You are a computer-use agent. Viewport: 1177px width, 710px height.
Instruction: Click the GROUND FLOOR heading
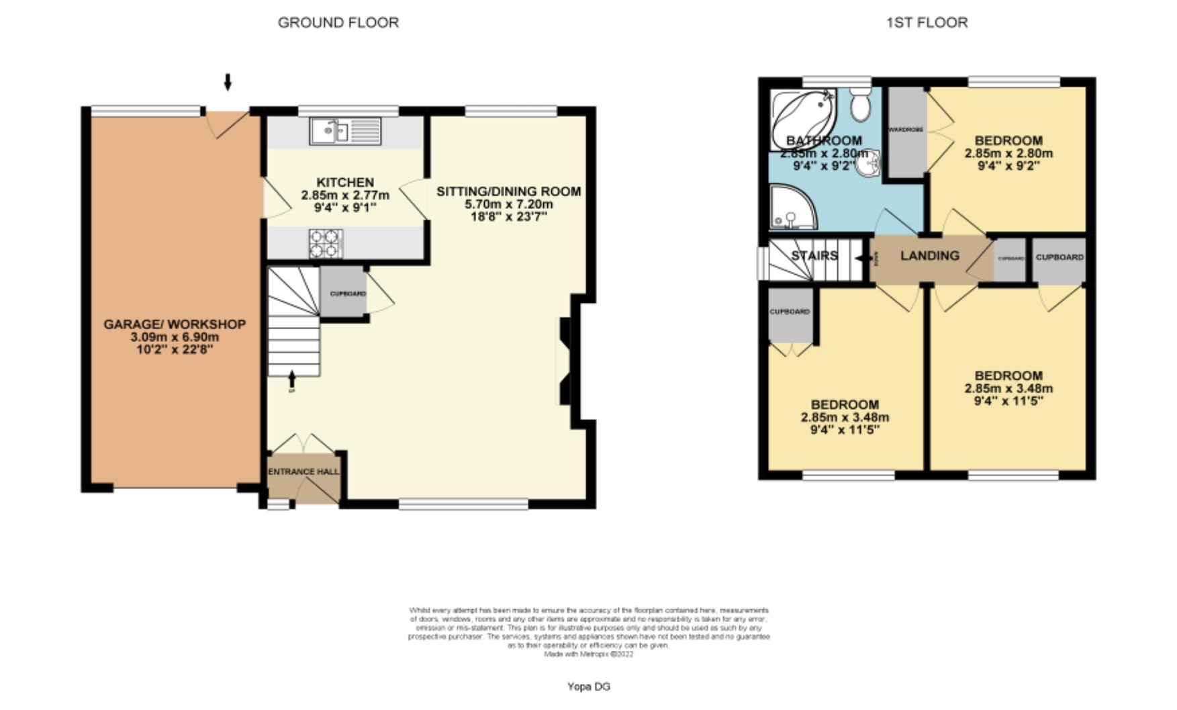(x=338, y=22)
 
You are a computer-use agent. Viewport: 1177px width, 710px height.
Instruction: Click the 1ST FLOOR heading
(x=927, y=22)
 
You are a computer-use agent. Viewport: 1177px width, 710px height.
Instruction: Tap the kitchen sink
(x=328, y=130)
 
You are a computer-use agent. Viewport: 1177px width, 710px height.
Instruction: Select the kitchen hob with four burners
(x=326, y=243)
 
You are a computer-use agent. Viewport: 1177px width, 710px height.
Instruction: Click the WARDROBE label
(x=905, y=129)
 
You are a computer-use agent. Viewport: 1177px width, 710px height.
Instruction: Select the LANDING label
(x=929, y=255)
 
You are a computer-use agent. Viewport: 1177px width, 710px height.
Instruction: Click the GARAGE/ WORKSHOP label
(x=175, y=324)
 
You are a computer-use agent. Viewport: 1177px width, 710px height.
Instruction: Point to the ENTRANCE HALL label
(x=303, y=472)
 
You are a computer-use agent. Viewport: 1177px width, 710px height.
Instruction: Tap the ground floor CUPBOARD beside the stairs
(x=346, y=294)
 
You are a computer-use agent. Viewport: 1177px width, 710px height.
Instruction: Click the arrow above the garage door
(x=228, y=82)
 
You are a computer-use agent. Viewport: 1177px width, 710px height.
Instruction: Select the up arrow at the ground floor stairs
(x=291, y=378)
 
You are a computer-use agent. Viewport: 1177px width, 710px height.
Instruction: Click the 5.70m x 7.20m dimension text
(x=508, y=204)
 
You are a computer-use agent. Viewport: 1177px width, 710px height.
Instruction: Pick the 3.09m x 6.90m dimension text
(x=175, y=337)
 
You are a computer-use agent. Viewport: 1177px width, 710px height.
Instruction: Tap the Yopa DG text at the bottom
(x=588, y=686)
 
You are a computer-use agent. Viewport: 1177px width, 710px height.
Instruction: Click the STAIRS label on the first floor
(x=814, y=255)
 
